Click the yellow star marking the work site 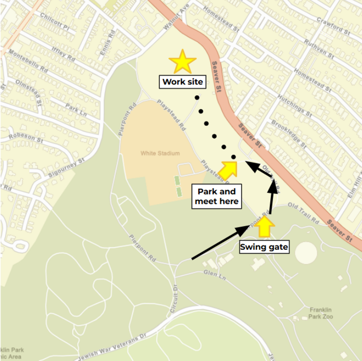(x=183, y=62)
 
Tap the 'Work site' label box (x=183, y=82)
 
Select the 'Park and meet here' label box (x=217, y=196)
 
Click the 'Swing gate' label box (x=264, y=247)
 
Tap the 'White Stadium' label (x=160, y=153)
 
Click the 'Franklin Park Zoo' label (x=320, y=313)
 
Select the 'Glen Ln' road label (x=214, y=275)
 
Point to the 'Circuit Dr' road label (x=174, y=298)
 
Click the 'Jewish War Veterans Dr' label (x=112, y=347)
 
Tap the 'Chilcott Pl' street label (x=55, y=21)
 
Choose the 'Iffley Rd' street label (x=63, y=54)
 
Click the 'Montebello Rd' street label (x=28, y=61)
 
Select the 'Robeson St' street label (x=26, y=138)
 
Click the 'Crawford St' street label (x=333, y=26)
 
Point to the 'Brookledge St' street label (x=289, y=134)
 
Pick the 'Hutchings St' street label (x=294, y=106)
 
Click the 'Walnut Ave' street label (x=176, y=17)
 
